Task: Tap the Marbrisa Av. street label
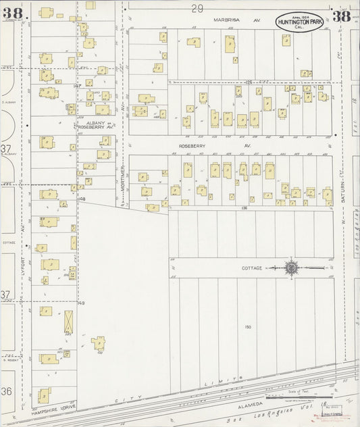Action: pyautogui.click(x=228, y=21)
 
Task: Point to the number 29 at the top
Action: pyautogui.click(x=197, y=8)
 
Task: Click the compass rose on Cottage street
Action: pyautogui.click(x=291, y=268)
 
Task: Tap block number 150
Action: pyautogui.click(x=248, y=328)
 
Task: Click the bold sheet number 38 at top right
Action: pyautogui.click(x=342, y=16)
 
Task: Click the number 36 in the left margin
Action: pyautogui.click(x=7, y=391)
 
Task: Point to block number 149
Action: pyautogui.click(x=81, y=303)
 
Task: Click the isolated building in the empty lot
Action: pyautogui.click(x=99, y=343)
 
